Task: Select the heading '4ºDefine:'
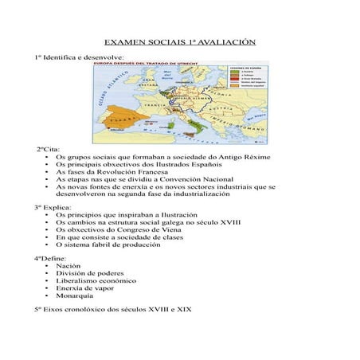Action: [51, 258]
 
